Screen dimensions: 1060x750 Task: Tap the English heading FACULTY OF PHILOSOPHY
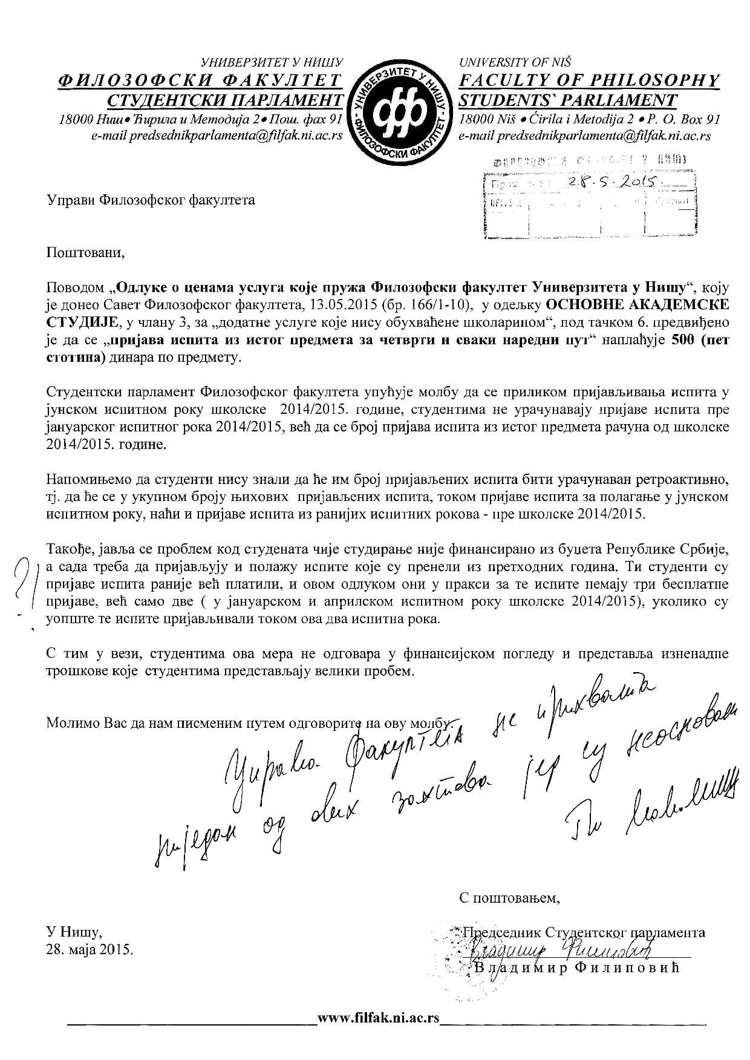tap(590, 80)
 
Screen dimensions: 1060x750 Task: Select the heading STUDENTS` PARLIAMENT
tap(568, 100)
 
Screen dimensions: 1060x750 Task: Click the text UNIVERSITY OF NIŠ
tap(515, 62)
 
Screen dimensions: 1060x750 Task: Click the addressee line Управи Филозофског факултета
tap(151, 200)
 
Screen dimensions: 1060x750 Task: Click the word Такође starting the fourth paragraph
tap(67, 550)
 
